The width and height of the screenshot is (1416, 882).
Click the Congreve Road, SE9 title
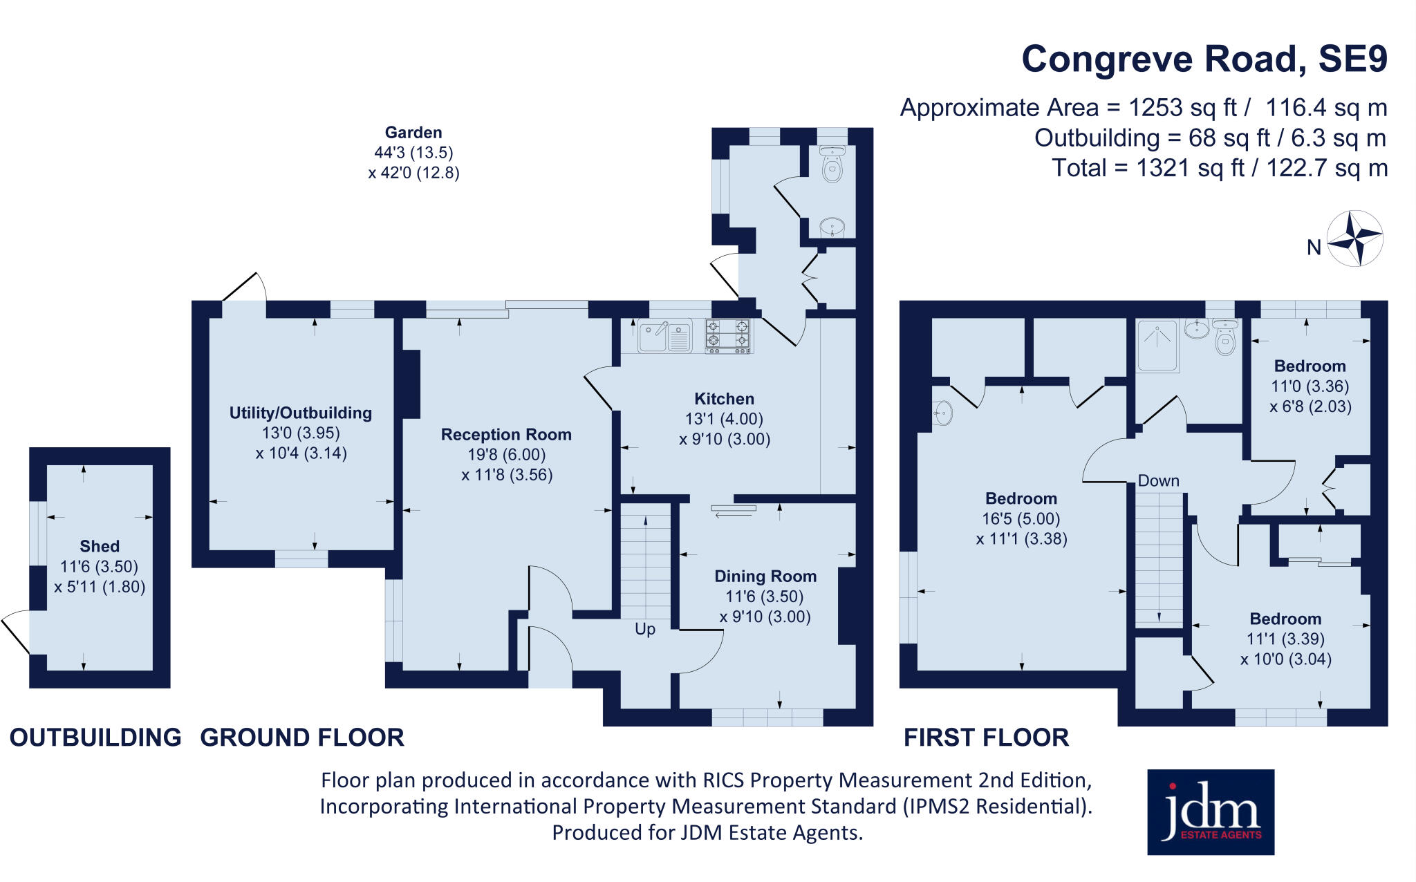pos(1204,59)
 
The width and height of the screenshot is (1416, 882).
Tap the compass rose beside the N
pos(1355,238)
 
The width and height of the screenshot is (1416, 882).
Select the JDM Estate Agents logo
pos(1211,812)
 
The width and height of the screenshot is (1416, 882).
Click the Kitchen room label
pos(724,399)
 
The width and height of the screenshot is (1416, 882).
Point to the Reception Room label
pos(506,435)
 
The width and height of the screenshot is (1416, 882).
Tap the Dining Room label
pos(765,576)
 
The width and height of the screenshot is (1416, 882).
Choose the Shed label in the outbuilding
pos(100,546)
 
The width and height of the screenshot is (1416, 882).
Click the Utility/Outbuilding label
pos(301,413)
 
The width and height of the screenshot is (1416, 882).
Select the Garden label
pos(413,132)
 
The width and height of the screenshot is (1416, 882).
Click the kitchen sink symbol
pos(664,336)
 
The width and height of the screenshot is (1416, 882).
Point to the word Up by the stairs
pos(645,630)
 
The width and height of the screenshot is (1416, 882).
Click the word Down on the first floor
pos(1159,480)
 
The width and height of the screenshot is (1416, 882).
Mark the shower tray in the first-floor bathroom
pos(1158,346)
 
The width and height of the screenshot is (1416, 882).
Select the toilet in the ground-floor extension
pos(832,164)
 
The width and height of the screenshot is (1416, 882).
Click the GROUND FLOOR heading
pos(302,738)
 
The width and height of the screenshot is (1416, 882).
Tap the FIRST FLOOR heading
pos(987,738)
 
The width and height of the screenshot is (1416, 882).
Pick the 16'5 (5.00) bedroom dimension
pos(1021,519)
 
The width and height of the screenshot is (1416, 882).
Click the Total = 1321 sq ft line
pos(1220,168)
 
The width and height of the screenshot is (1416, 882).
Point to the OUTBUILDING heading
pos(95,738)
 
